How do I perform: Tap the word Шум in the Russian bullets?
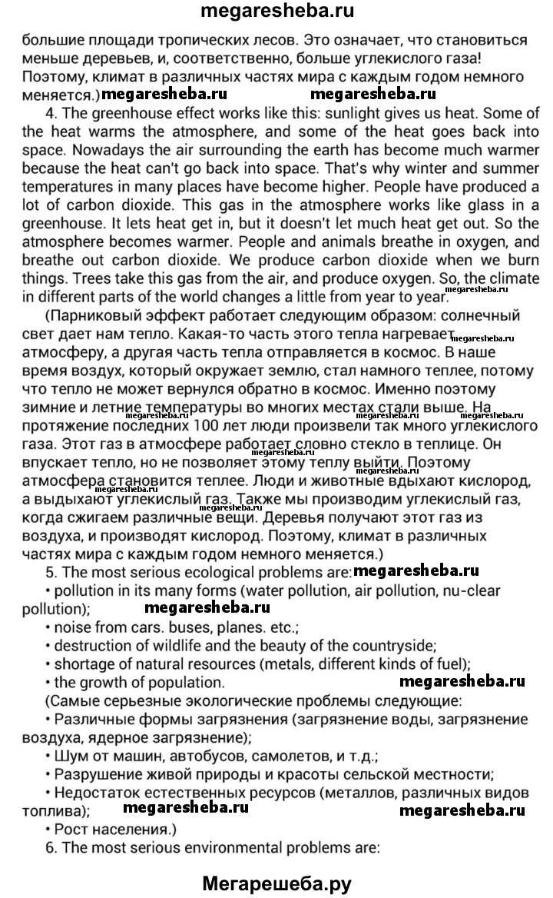[x=68, y=756]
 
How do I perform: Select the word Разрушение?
[x=94, y=773]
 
